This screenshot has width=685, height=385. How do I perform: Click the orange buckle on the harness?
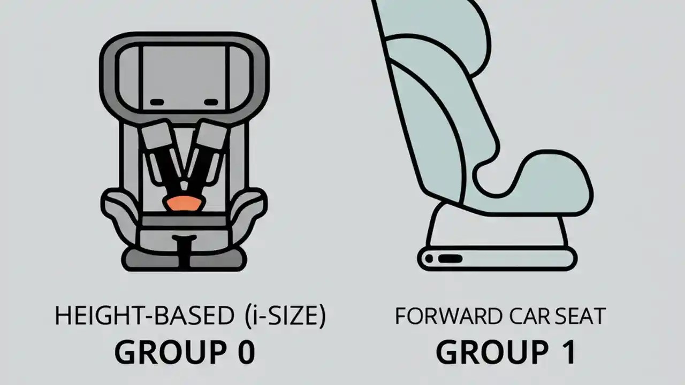[x=184, y=203]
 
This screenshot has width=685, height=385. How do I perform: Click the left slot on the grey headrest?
[x=157, y=102]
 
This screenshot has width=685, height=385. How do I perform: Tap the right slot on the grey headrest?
[x=211, y=102]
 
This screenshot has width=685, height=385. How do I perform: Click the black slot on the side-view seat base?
[x=450, y=259]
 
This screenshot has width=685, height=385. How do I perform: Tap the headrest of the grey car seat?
[x=184, y=75]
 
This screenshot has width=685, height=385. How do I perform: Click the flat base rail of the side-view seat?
[x=498, y=259]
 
